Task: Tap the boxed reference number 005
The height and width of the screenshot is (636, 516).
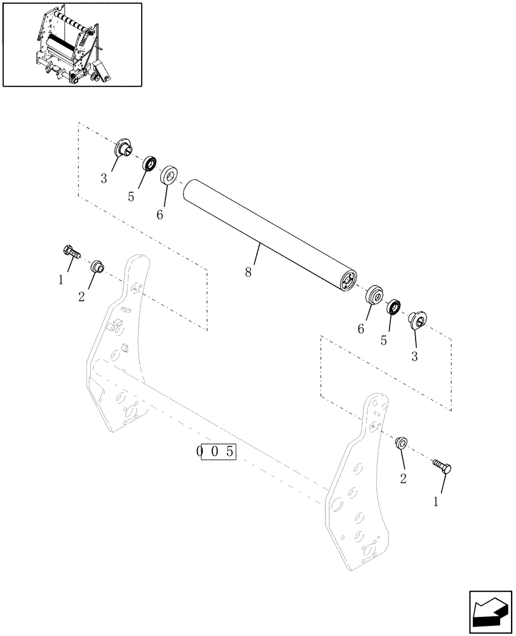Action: coord(216,452)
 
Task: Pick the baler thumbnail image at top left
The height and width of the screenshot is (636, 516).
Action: coord(72,45)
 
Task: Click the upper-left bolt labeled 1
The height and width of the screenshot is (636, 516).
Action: coord(71,252)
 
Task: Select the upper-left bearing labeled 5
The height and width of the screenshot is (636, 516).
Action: coord(150,163)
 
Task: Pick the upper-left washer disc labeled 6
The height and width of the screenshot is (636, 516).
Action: coord(169,176)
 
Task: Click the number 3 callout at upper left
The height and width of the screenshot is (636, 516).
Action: coord(103,179)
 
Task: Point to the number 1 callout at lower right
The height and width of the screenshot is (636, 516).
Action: coord(436,502)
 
